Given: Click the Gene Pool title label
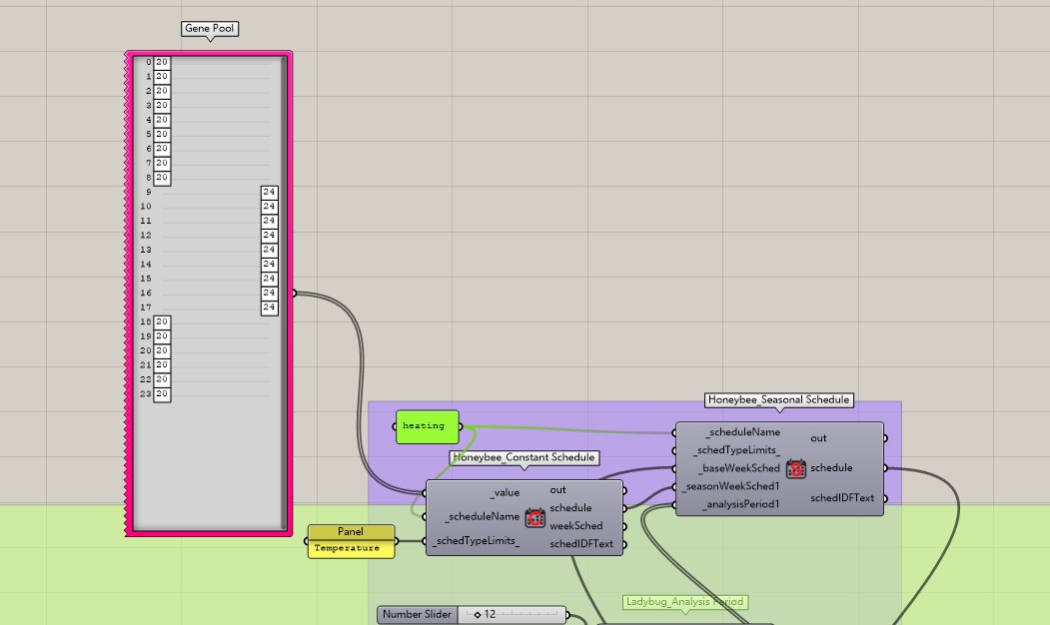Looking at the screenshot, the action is (210, 29).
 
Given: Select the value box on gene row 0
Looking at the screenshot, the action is (162, 62).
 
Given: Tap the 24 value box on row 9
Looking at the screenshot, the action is (269, 192).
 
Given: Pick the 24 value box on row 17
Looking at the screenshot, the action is (269, 308).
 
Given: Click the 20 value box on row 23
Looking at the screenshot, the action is (162, 394).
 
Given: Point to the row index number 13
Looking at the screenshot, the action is (146, 250).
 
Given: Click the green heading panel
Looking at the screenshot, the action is (428, 426).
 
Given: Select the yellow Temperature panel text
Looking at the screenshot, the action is (347, 548).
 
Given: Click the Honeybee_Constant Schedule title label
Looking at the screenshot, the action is (524, 457).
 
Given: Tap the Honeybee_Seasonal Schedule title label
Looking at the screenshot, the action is (779, 400).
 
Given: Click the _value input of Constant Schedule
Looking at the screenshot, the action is (505, 492).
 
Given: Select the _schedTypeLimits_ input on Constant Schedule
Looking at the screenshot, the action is (477, 541).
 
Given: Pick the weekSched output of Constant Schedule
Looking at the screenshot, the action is (575, 526).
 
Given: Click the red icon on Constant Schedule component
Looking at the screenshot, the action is (534, 517).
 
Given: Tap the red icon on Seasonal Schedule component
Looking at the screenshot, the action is (795, 468).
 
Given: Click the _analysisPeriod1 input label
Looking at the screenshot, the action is (741, 504).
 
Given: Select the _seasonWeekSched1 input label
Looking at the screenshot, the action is (731, 486).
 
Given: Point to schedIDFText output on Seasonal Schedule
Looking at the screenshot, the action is (842, 498).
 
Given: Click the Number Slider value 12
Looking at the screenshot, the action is (490, 614).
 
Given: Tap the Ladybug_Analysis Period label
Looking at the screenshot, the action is (684, 602).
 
